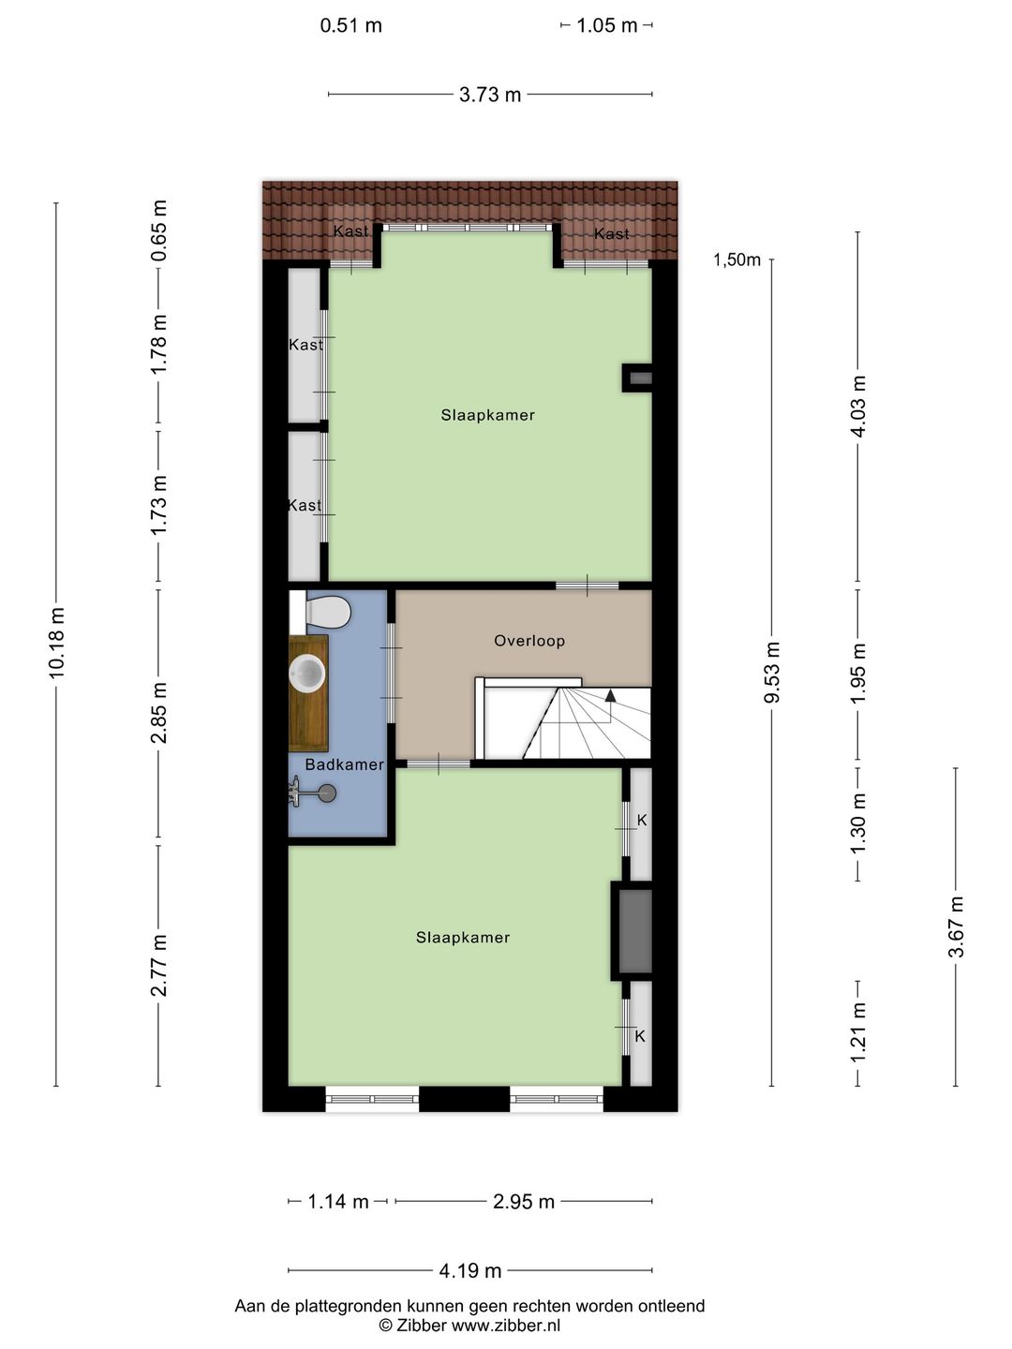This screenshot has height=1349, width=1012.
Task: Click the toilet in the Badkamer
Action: click(323, 614)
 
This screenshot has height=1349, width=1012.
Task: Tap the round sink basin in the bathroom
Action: click(307, 673)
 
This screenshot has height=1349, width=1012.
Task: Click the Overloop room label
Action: click(529, 641)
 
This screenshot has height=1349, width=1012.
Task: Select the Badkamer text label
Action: click(344, 764)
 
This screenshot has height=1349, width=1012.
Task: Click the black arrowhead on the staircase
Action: click(611, 696)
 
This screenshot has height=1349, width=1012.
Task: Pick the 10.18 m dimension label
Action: click(57, 642)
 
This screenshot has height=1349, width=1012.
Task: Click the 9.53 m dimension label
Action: click(771, 673)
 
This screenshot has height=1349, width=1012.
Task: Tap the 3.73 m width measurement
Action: click(490, 95)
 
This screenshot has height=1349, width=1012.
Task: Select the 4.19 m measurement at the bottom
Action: click(470, 1270)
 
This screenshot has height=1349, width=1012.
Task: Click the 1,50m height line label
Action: click(737, 260)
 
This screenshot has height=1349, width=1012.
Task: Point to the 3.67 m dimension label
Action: click(956, 927)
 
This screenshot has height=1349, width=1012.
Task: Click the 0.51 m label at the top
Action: click(351, 25)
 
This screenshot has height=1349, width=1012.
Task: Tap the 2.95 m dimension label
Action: click(524, 1202)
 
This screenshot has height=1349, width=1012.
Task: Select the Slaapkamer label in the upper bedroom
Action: click(488, 415)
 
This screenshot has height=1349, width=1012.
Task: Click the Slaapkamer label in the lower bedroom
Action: click(463, 938)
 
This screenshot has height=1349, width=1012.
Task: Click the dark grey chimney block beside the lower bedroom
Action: click(634, 931)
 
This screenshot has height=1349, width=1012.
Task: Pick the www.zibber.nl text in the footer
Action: click(506, 1326)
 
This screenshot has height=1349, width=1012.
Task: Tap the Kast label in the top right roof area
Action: click(611, 234)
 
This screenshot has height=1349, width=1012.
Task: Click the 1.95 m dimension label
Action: click(858, 673)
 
